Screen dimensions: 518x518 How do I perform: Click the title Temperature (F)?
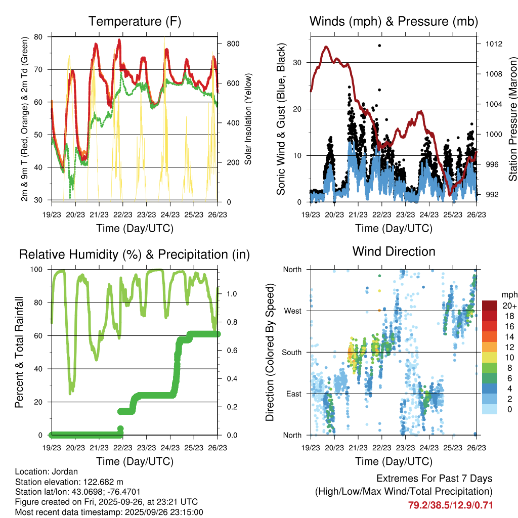point(135,21)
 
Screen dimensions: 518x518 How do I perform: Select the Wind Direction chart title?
point(394,251)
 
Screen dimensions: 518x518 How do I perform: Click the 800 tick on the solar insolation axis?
point(233,44)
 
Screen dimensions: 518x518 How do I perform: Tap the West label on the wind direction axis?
point(292,311)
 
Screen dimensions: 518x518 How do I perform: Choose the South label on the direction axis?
point(291,352)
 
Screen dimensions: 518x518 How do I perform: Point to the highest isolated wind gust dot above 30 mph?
point(379,46)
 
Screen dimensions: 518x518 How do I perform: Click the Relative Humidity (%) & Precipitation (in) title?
point(135,254)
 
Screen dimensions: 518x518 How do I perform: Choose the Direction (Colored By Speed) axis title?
point(270,352)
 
